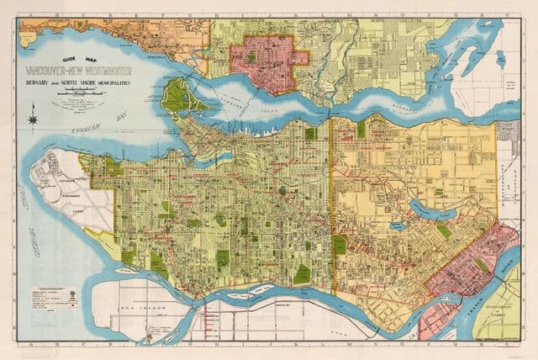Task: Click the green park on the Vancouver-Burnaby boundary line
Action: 339,245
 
